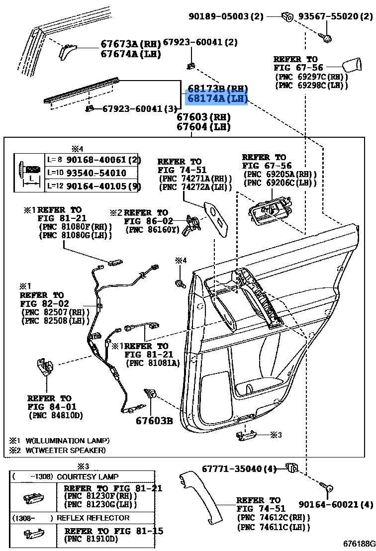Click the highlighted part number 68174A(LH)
tap(217, 99)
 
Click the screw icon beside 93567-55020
tap(329, 36)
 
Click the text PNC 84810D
tap(56, 415)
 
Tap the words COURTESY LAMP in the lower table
tap(88, 476)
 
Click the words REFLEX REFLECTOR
tap(94, 518)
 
